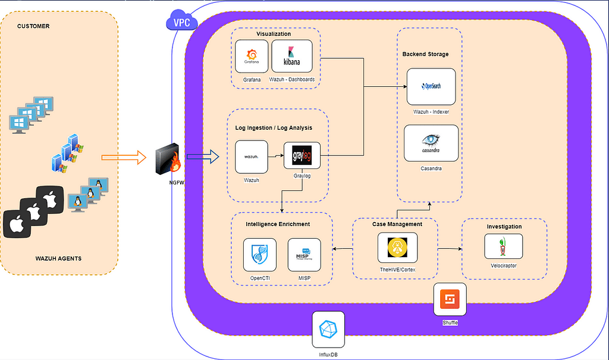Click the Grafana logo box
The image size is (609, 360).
252,57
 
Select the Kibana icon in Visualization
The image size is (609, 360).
291,57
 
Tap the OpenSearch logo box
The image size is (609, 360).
431,86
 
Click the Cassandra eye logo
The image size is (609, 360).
431,143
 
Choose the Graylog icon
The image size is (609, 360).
302,157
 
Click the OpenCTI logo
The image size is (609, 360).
260,255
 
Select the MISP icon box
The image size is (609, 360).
304,255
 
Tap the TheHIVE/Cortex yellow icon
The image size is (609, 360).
397,248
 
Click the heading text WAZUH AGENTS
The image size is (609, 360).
58,258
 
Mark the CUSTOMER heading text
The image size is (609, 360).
33,26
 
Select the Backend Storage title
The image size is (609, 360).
425,54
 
